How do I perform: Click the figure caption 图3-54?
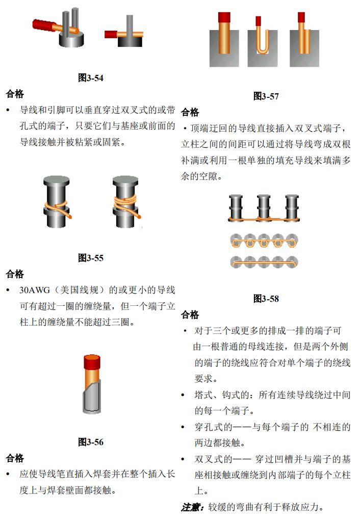pos(90,78)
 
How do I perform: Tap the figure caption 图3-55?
pos(90,258)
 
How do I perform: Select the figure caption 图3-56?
pos(90,442)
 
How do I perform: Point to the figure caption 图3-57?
pos(266,96)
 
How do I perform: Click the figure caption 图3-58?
pos(266,299)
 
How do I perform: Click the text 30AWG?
pos(35,290)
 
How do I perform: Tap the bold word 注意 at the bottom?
pos(191,507)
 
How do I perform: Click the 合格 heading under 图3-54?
pos(15,94)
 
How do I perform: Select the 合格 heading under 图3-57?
pos(190,112)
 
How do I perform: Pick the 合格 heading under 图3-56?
pos(15,458)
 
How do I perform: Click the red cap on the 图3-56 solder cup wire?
pos(92,362)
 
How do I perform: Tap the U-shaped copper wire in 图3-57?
pos(262,40)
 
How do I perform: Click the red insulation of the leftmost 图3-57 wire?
pos(224,17)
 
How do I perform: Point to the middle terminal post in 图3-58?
pos(264,207)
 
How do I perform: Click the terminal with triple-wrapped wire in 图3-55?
pos(125,202)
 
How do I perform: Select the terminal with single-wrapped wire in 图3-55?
pos(57,202)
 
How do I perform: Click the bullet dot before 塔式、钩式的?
pos(183,395)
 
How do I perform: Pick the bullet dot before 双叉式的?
pos(183,459)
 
